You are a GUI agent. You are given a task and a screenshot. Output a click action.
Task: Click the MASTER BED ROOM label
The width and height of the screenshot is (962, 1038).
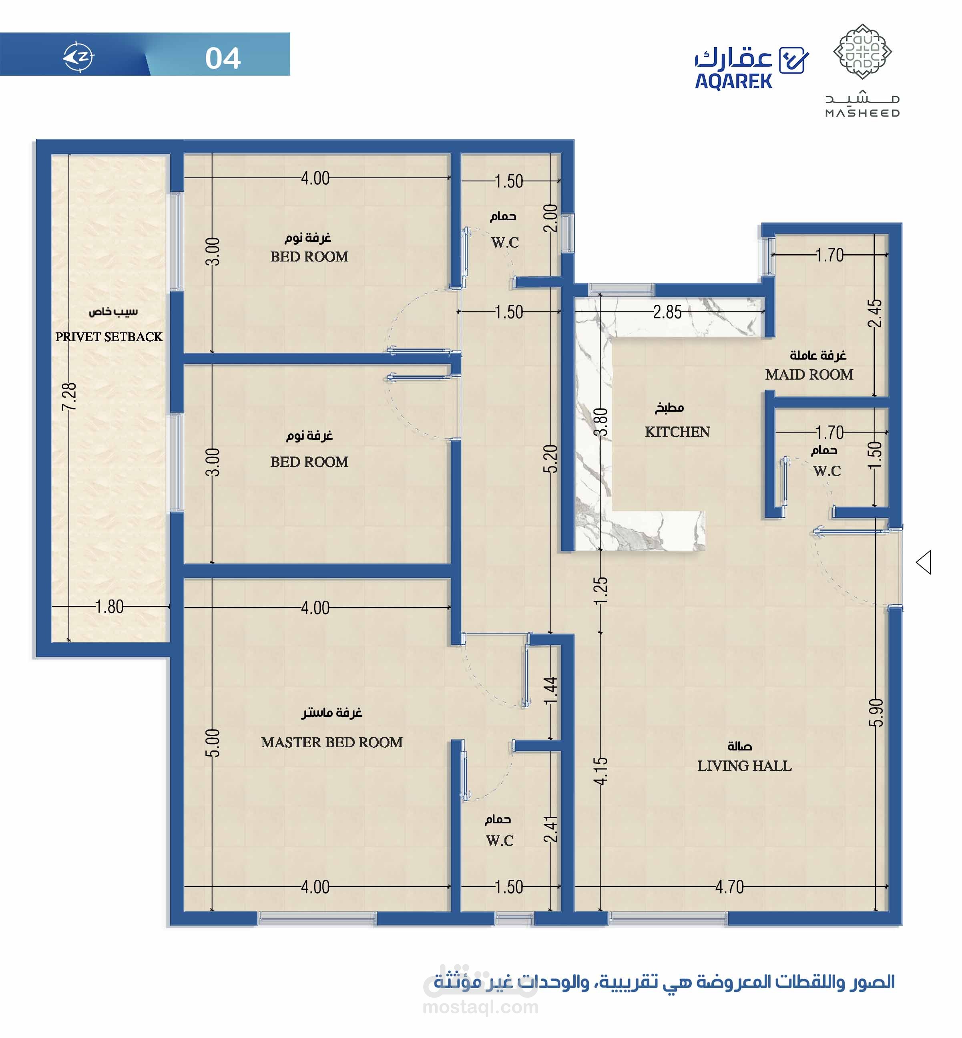point(331,742)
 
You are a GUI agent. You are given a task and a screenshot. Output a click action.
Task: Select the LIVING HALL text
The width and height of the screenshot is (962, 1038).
point(744,766)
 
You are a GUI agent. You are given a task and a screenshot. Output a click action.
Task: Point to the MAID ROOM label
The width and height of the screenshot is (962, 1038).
point(809,374)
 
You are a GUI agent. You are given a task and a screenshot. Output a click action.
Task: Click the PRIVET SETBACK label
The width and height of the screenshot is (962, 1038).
point(109,337)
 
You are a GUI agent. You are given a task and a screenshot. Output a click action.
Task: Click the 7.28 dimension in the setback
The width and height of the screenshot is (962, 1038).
point(69,397)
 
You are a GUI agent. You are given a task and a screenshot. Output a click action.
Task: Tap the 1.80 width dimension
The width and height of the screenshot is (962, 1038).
point(109,607)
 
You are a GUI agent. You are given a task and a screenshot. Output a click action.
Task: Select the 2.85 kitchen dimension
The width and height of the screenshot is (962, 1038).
point(667,312)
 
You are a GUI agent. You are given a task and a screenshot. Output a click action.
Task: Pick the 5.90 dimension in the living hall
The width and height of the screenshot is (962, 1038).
point(876,712)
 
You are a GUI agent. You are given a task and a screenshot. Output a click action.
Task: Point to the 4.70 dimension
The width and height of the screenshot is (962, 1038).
point(729,887)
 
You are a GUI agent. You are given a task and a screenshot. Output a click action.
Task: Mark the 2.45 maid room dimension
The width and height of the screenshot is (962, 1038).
point(875,313)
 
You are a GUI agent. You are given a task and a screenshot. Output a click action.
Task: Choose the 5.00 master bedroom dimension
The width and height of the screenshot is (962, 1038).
point(213,743)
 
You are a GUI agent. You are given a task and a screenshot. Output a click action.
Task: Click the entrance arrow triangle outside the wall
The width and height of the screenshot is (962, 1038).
point(924,563)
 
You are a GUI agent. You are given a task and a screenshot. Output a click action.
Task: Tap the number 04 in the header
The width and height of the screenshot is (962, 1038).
point(223,58)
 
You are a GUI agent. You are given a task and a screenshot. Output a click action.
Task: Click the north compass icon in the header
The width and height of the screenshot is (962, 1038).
point(78,56)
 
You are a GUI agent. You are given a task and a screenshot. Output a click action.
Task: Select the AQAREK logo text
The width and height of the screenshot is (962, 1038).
point(734,82)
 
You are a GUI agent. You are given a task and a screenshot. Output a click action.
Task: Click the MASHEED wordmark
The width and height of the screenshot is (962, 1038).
point(863,113)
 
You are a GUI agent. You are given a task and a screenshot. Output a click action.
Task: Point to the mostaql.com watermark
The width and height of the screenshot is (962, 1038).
point(480,1007)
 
